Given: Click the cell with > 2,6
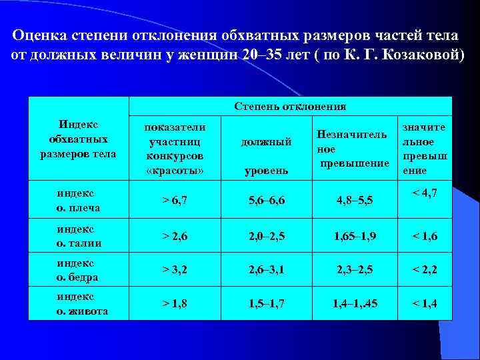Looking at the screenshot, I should [175, 236].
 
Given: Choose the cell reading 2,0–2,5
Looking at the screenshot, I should [265, 236].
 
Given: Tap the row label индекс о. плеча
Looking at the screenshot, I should [79, 200].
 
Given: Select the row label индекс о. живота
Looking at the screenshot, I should [81, 304].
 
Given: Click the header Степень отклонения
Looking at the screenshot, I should [290, 106].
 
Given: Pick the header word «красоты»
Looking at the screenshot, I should [175, 171].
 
